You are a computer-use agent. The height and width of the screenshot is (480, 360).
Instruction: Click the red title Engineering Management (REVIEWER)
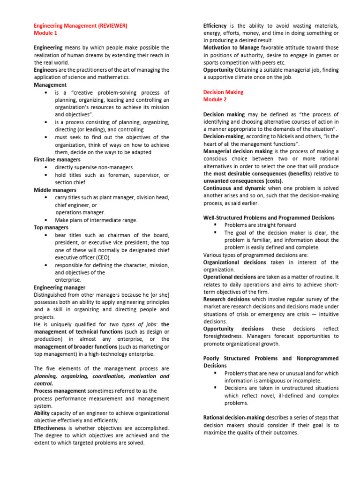(80, 26)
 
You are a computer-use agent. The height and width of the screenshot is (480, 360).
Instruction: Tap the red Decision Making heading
(223, 92)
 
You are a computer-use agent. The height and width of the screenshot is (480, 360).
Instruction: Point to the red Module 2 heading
(215, 100)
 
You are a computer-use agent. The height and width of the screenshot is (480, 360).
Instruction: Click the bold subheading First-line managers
(57, 160)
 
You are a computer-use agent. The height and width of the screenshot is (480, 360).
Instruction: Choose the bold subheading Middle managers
(55, 190)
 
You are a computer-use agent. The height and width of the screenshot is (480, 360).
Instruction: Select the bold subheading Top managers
(51, 227)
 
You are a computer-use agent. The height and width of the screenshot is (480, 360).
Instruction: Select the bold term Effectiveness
(50, 428)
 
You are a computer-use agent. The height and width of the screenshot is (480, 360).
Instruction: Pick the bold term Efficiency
(215, 26)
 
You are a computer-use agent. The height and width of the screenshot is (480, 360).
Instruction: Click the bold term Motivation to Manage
(231, 48)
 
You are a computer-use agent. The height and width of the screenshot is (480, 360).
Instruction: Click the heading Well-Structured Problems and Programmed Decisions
(269, 218)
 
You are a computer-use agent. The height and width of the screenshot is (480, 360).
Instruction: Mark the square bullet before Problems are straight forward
(215, 225)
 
